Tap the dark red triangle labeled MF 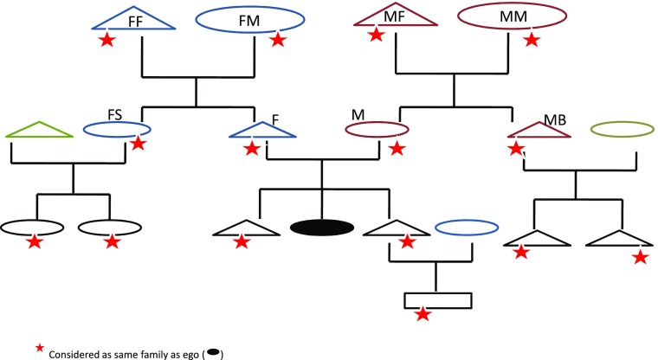click(x=397, y=18)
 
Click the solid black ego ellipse click(x=322, y=228)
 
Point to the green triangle click(x=37, y=129)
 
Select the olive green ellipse click(x=622, y=130)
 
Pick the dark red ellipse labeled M click(x=377, y=130)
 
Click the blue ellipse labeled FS click(x=116, y=130)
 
